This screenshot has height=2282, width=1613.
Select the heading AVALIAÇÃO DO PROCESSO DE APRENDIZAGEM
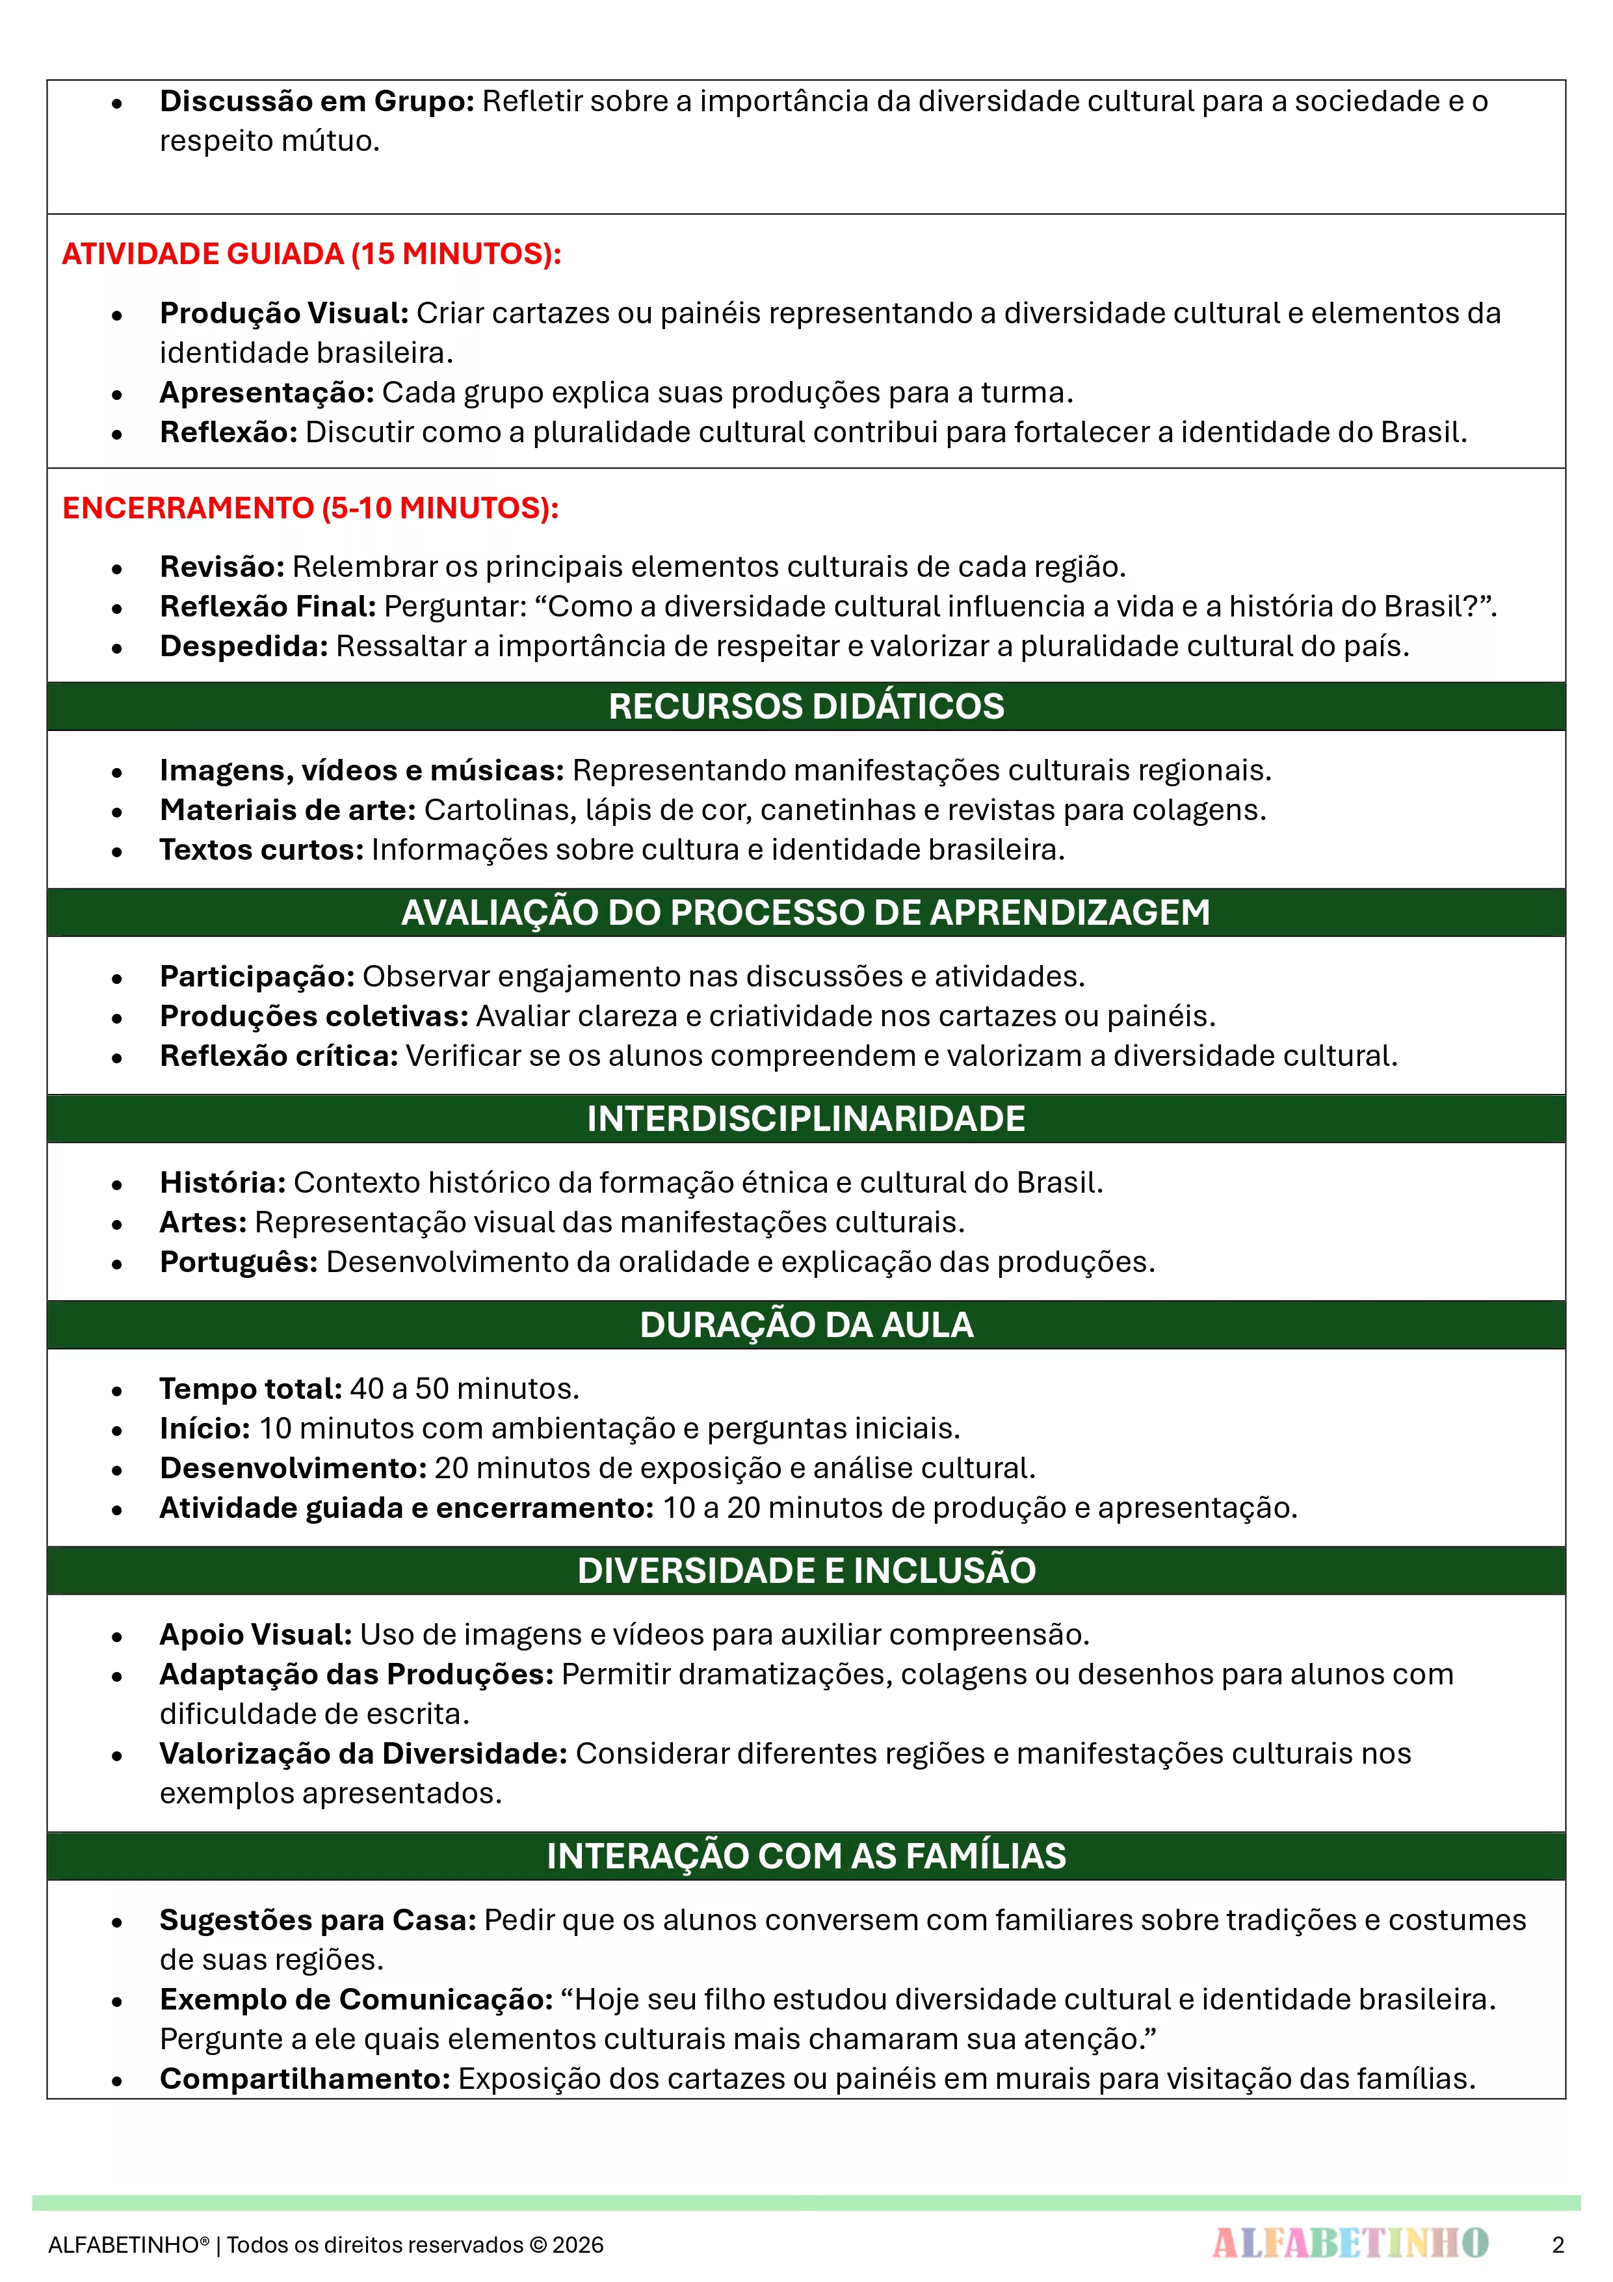[806, 912]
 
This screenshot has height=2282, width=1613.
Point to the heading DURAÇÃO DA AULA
[806, 1324]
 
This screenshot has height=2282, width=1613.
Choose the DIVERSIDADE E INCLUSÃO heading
[806, 1571]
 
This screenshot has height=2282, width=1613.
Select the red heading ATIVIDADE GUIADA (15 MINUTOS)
[311, 254]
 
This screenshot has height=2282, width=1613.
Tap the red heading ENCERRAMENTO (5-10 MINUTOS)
[310, 508]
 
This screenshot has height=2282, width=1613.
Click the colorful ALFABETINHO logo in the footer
[1350, 2243]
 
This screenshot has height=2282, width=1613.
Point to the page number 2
[1557, 2244]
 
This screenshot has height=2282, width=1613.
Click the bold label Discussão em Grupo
[317, 101]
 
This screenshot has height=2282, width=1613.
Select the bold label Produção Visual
[284, 313]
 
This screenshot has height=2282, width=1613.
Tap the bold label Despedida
[244, 646]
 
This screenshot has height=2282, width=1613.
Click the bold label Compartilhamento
[305, 2078]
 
